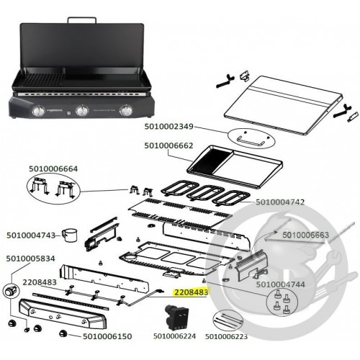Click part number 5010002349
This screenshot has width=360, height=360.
pyautogui.click(x=168, y=127)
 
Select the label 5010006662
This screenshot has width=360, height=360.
pyautogui.click(x=168, y=145)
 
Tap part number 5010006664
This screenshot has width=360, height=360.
pyautogui.click(x=53, y=168)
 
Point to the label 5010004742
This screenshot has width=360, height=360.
pyautogui.click(x=280, y=202)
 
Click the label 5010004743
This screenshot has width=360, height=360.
pyautogui.click(x=31, y=235)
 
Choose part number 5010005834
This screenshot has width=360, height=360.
pyautogui.click(x=30, y=258)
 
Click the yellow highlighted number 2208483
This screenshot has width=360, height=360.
pyautogui.click(x=191, y=292)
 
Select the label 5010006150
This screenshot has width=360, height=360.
pyautogui.click(x=107, y=336)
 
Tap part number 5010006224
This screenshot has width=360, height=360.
pyautogui.click(x=174, y=336)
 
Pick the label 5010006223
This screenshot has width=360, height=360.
pyautogui.click(x=226, y=336)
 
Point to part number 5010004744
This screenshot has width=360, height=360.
pyautogui.click(x=280, y=284)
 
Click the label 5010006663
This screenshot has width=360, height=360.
pyautogui.click(x=305, y=235)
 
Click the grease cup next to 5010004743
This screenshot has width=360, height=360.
pyautogui.click(x=69, y=235)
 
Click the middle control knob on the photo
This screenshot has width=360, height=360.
pyautogui.click(x=82, y=110)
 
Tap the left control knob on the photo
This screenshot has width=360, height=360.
pyautogui.click(x=38, y=111)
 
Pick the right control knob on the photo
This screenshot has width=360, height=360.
pyautogui.click(x=126, y=111)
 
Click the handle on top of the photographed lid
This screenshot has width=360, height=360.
pyautogui.click(x=82, y=20)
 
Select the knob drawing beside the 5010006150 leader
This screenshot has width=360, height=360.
pyautogui.click(x=63, y=333)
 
